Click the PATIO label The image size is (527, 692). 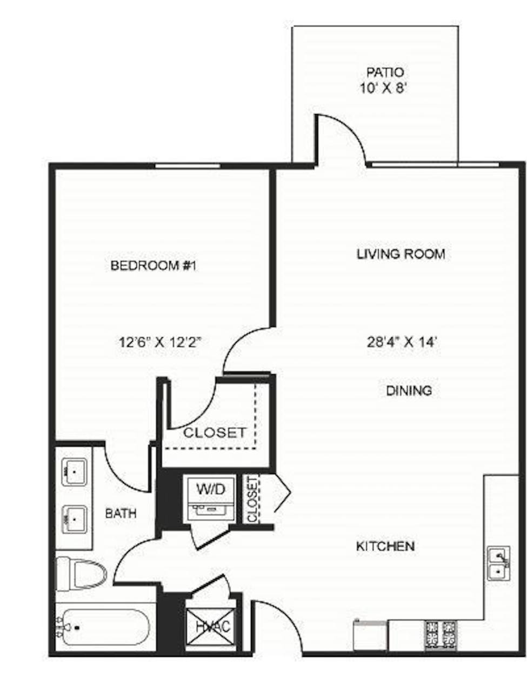click(385, 72)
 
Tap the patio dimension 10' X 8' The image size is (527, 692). click(383, 88)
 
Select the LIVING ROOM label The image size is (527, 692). click(401, 254)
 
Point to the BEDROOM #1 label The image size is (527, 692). click(152, 265)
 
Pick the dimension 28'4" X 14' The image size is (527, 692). click(402, 342)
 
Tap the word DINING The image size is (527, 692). click(409, 390)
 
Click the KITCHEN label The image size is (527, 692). click(385, 546)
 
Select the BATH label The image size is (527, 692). click(121, 513)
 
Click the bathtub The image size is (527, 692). click(105, 628)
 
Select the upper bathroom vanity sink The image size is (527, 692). click(75, 471)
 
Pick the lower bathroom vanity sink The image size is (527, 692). click(75, 519)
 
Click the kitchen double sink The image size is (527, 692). click(498, 563)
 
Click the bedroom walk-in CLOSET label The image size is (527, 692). click(215, 432)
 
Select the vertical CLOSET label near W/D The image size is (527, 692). click(252, 500)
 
